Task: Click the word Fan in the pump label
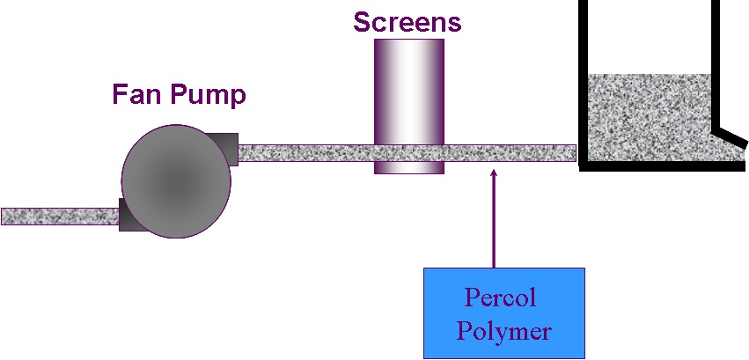click(x=135, y=94)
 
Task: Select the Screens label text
click(x=408, y=22)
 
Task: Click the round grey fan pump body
click(x=175, y=180)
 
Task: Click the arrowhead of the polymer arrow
click(x=493, y=173)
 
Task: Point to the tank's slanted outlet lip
click(x=730, y=136)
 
